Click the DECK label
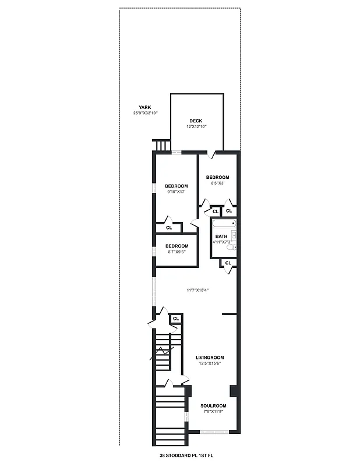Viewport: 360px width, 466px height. [195, 121]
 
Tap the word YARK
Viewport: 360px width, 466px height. [144, 107]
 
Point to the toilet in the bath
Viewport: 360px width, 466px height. [231, 248]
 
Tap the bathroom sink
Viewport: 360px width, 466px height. [233, 235]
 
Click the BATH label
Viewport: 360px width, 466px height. [221, 236]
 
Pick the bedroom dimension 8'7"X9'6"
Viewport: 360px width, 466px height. [177, 252]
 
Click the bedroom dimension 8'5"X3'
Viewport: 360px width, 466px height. [217, 183]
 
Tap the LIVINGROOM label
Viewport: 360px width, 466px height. [210, 357]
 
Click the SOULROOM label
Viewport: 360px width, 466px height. [213, 406]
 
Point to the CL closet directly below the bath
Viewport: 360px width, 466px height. [228, 263]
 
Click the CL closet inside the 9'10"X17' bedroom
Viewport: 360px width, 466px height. [169, 228]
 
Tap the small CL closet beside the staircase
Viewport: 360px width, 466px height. [175, 319]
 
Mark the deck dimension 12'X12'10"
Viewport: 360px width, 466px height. [196, 126]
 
